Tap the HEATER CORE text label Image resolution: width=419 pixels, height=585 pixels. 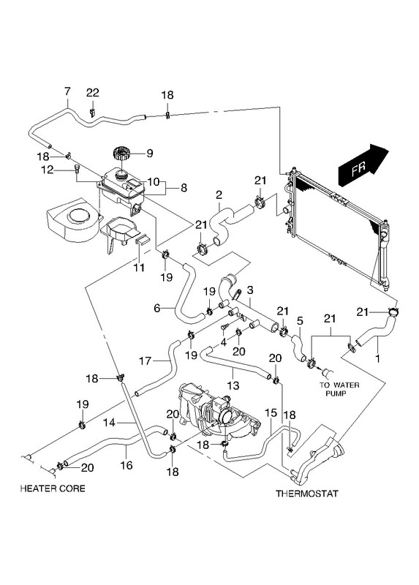pyautogui.click(x=53, y=488)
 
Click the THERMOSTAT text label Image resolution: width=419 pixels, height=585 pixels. pyautogui.click(x=306, y=494)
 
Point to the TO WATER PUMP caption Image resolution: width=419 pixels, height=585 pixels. pyautogui.click(x=339, y=389)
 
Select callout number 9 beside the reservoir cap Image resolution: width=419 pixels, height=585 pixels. pyautogui.click(x=150, y=154)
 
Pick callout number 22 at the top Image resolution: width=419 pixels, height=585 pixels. pyautogui.click(x=93, y=93)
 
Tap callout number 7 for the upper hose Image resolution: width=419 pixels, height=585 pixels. pyautogui.click(x=67, y=91)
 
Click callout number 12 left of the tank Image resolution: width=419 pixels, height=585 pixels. pyautogui.click(x=48, y=170)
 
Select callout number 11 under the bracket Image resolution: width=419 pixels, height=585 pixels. pyautogui.click(x=139, y=268)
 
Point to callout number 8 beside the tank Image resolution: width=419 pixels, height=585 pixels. pyautogui.click(x=184, y=188)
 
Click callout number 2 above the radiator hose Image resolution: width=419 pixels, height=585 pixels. pyautogui.click(x=219, y=195)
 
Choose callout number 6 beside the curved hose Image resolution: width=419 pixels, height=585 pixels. pyautogui.click(x=157, y=308)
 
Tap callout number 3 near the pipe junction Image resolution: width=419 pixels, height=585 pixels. pyautogui.click(x=250, y=290)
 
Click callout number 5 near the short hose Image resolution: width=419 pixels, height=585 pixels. pyautogui.click(x=300, y=320)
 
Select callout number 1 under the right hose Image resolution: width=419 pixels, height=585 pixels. pyautogui.click(x=377, y=359)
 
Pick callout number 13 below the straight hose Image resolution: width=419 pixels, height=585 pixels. pyautogui.click(x=234, y=385)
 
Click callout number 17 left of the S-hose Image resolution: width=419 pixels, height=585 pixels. pyautogui.click(x=145, y=361)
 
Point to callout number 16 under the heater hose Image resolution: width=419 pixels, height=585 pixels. pyautogui.click(x=127, y=465)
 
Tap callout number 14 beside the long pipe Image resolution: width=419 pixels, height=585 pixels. pyautogui.click(x=110, y=423)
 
